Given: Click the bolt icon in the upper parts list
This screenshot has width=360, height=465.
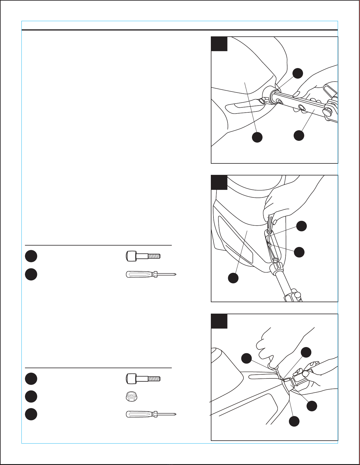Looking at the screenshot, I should (143, 256).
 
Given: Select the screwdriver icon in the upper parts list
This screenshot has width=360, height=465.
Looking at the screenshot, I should (151, 275).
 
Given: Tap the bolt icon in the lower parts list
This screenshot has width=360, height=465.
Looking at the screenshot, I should (143, 378).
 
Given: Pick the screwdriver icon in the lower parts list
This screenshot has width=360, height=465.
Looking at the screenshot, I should (151, 414).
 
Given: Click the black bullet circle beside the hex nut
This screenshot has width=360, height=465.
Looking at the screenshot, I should (31, 396).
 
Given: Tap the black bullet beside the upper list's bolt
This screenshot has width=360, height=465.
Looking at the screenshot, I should (31, 256).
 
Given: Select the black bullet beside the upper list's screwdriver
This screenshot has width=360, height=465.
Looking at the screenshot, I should (31, 274).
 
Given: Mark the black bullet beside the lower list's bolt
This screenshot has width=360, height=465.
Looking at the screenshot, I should (31, 378).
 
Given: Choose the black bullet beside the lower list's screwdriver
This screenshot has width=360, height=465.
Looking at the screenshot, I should (31, 414).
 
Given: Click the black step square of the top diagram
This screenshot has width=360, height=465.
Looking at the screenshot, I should (219, 44).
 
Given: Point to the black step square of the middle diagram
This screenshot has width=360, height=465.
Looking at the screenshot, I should (219, 182).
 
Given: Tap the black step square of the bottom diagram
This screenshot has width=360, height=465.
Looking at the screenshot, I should (219, 321).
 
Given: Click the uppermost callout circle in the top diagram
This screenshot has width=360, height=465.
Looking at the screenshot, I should (298, 73).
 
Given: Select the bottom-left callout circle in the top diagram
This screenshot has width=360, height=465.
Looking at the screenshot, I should (258, 137).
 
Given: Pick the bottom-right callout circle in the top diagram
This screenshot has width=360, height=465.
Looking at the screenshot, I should (299, 135).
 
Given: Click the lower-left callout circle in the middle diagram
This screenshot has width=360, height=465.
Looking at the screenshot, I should (233, 278).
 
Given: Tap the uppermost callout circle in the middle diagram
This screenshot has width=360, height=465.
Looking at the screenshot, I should (302, 226).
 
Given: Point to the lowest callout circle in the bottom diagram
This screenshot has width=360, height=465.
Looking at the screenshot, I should (294, 421).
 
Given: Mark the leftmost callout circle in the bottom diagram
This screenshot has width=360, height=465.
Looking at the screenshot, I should (246, 358).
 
